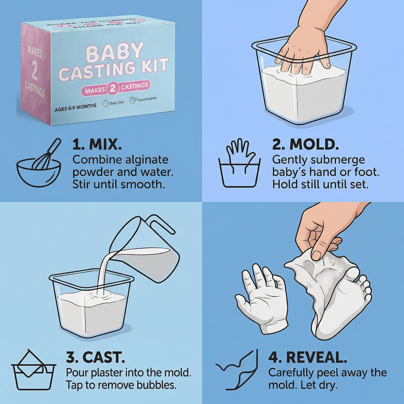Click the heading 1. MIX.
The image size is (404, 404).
(x=97, y=145)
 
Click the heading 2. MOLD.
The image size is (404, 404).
(x=305, y=145)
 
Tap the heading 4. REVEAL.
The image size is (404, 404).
(x=308, y=358)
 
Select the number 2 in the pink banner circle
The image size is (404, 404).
(x=113, y=89)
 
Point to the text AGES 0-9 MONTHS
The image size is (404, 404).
(x=75, y=107)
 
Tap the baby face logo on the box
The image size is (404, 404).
(x=106, y=104)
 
